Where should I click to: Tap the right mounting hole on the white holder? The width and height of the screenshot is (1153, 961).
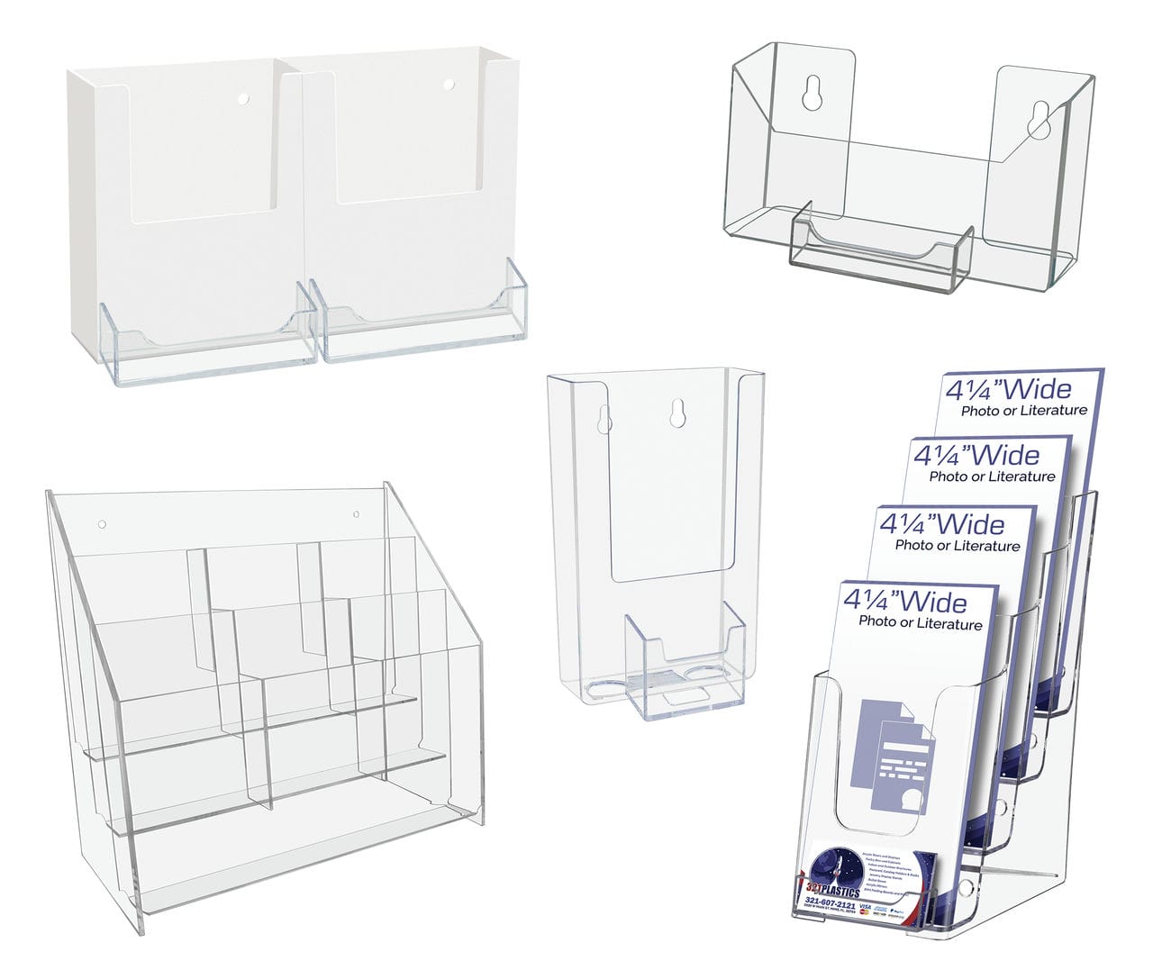pyautogui.click(x=448, y=85)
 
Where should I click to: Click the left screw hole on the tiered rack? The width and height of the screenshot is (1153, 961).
pyautogui.click(x=102, y=524)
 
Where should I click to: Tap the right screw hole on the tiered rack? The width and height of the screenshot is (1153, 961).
pyautogui.click(x=356, y=515)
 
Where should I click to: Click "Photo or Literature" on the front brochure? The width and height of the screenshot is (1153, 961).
pyautogui.click(x=920, y=623)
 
